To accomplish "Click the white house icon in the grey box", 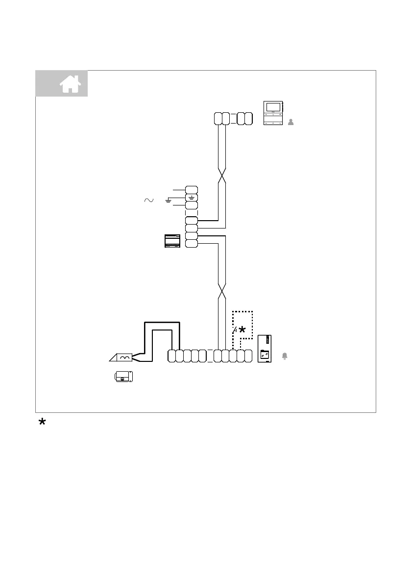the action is click(x=70, y=84).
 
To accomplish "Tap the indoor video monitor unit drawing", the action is click(x=273, y=113).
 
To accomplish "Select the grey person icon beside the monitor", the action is click(x=291, y=122).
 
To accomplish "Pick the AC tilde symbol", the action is click(x=148, y=200).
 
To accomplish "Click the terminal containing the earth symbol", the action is click(x=192, y=198).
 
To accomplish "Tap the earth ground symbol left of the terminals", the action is click(x=168, y=201).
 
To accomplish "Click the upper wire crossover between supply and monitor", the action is click(x=221, y=174).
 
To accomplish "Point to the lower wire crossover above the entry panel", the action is click(x=221, y=291).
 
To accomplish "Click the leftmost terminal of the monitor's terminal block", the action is click(x=218, y=119).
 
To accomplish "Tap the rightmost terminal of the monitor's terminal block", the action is click(x=248, y=119).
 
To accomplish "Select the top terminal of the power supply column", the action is click(x=192, y=190).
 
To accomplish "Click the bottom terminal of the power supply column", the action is click(x=192, y=244).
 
